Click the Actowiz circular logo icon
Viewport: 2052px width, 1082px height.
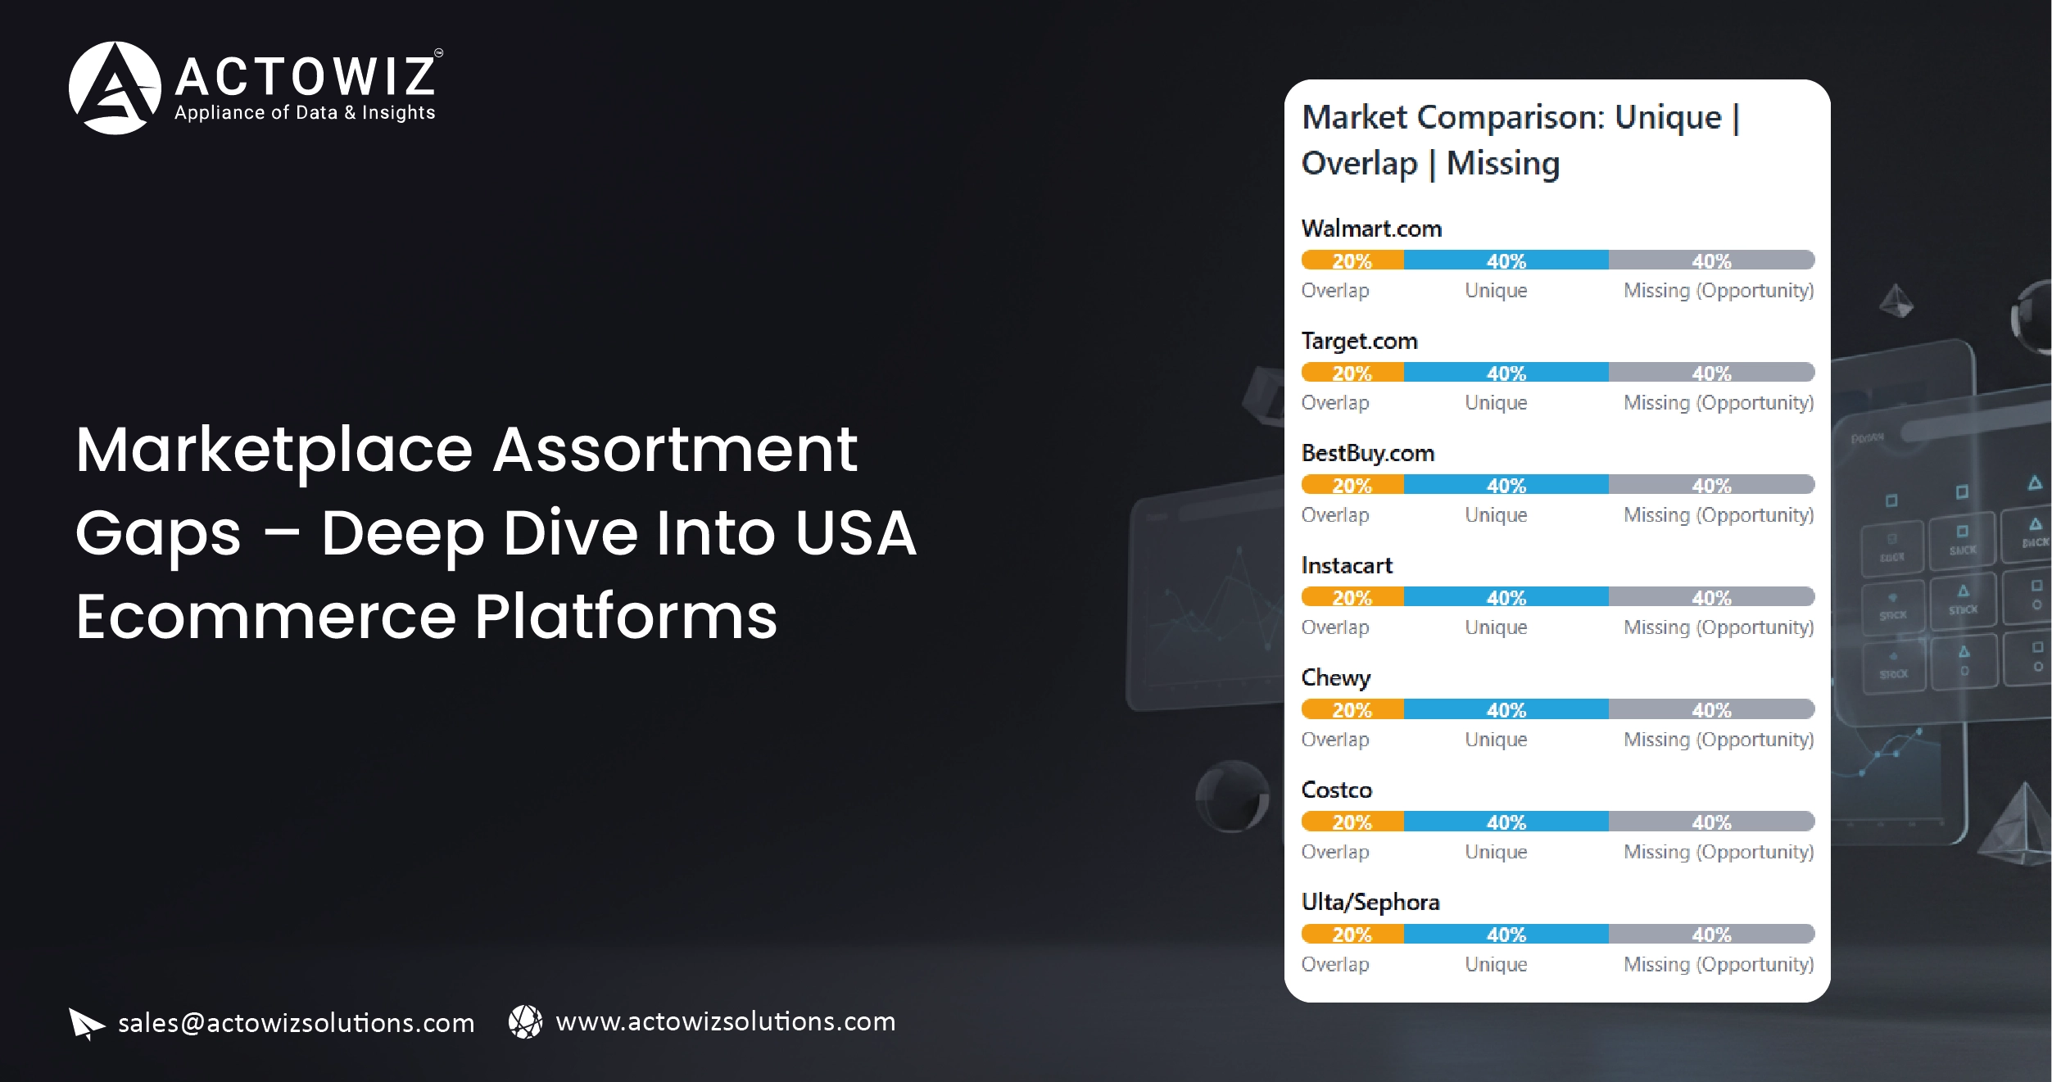click(x=115, y=88)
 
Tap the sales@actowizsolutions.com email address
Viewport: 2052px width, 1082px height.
click(x=296, y=1023)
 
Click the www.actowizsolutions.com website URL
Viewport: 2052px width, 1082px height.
click(x=725, y=1021)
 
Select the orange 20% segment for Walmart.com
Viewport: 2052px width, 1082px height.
click(x=1352, y=260)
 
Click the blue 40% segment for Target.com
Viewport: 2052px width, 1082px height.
click(x=1506, y=373)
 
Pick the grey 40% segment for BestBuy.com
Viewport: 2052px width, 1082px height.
click(x=1711, y=485)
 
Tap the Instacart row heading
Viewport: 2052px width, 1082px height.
click(x=1347, y=565)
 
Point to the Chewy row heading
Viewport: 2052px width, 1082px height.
click(x=1335, y=677)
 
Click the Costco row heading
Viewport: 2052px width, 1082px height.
click(x=1336, y=790)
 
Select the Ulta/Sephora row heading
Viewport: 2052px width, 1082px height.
click(x=1370, y=902)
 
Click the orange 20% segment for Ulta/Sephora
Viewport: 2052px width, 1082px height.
click(x=1352, y=934)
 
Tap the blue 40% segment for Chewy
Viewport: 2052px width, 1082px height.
click(x=1506, y=709)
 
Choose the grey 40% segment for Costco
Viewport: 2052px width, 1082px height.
click(x=1711, y=822)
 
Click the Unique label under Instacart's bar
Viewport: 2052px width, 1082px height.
click(x=1496, y=627)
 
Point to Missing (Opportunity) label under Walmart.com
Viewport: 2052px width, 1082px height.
click(x=1719, y=291)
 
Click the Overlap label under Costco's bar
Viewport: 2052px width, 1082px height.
click(x=1335, y=852)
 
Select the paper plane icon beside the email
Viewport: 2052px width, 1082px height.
click(x=86, y=1023)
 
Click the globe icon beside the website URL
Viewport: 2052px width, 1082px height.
click(x=525, y=1021)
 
